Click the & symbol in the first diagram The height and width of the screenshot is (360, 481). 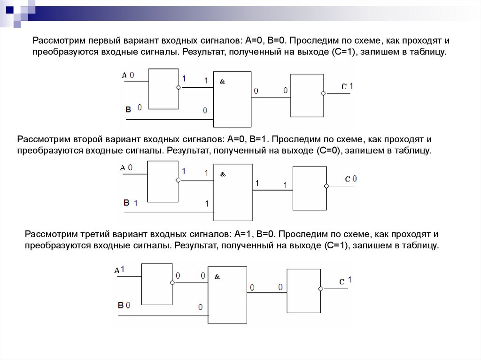pyautogui.click(x=222, y=81)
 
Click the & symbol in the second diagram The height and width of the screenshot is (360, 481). pyautogui.click(x=223, y=174)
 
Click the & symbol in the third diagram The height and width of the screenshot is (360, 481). pyautogui.click(x=217, y=276)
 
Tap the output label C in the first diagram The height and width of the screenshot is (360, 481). pyautogui.click(x=344, y=86)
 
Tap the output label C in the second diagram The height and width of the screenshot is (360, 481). pyautogui.click(x=347, y=179)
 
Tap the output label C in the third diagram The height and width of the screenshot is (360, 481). pyautogui.click(x=342, y=282)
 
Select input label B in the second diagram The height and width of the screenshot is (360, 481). pyautogui.click(x=126, y=203)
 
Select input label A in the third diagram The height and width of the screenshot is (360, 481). pyautogui.click(x=116, y=270)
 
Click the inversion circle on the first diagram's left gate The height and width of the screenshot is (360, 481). pyautogui.click(x=178, y=87)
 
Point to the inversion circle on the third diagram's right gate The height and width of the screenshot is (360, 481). pyautogui.click(x=320, y=289)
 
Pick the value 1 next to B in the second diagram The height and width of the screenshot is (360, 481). pyautogui.click(x=136, y=203)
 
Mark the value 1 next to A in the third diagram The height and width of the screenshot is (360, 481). pyautogui.click(x=123, y=269)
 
